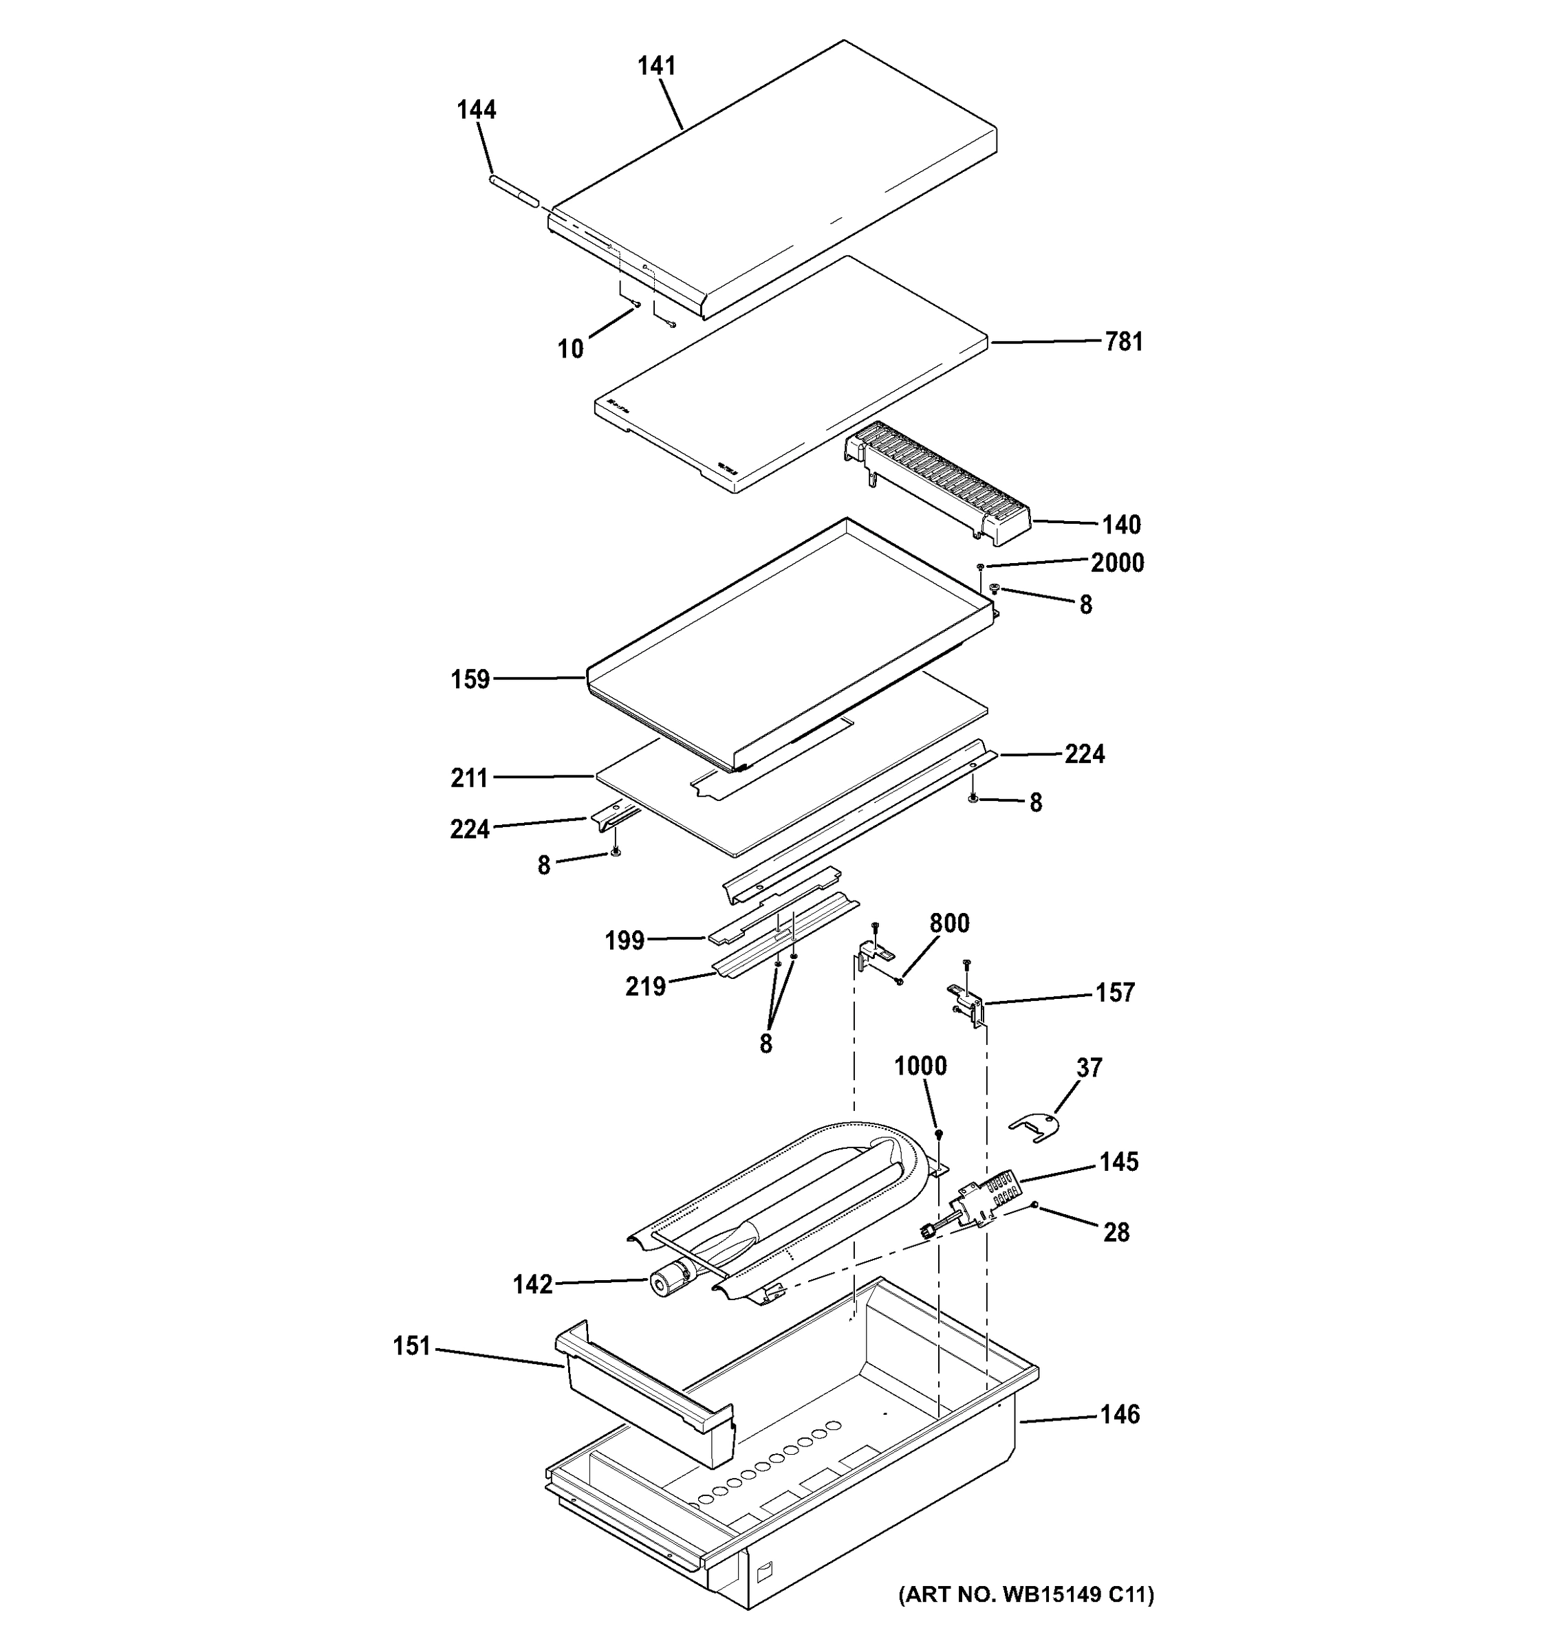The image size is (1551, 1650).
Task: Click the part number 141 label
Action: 656,67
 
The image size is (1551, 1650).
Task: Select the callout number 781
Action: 1123,342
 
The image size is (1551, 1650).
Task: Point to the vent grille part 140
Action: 938,481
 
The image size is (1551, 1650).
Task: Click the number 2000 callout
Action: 1117,563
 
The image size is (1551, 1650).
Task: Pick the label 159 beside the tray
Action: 470,680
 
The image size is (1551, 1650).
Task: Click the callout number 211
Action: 469,778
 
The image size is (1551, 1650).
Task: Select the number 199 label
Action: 625,940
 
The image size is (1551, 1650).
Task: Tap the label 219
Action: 645,986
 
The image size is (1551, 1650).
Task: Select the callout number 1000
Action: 920,1066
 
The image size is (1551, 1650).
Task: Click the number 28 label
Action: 1116,1233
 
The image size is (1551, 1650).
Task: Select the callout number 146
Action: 1119,1414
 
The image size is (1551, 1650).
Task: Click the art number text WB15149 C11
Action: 1026,1594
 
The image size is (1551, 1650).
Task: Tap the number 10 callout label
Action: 570,349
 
